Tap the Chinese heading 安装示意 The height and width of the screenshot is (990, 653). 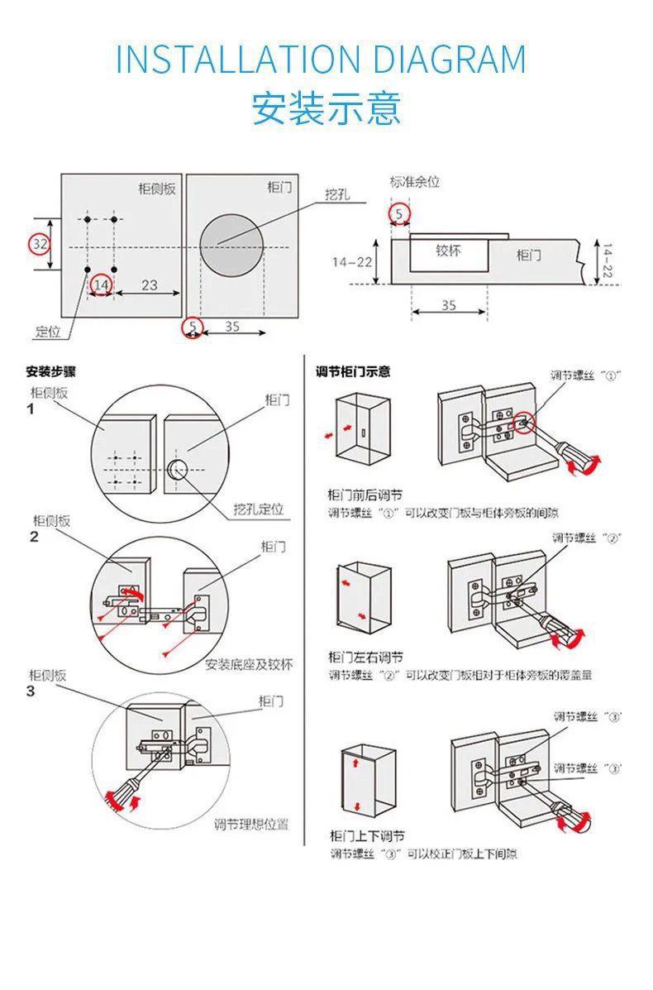click(326, 109)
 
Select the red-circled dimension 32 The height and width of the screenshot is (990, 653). click(40, 244)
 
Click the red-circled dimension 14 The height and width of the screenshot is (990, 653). click(101, 285)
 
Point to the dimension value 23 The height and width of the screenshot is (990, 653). click(149, 285)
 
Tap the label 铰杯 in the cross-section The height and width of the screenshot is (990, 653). click(448, 251)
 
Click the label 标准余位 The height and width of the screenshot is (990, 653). click(414, 182)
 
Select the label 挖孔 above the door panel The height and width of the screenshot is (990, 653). click(337, 195)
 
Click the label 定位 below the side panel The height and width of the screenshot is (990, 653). click(48, 332)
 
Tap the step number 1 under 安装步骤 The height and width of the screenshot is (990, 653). click(31, 409)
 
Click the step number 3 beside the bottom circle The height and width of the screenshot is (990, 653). click(31, 691)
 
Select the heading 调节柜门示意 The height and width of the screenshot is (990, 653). click(353, 371)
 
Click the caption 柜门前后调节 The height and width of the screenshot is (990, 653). click(365, 495)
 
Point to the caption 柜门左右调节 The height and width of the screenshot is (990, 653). click(365, 658)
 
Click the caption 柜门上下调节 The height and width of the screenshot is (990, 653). click(366, 836)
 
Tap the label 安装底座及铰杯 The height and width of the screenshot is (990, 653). click(249, 664)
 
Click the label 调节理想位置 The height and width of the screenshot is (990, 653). click(251, 824)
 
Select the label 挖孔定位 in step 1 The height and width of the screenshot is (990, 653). click(258, 509)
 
